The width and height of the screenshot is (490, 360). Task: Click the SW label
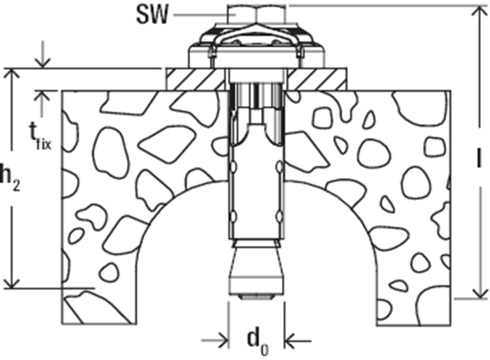(152, 15)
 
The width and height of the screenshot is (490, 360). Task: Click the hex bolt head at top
(256, 15)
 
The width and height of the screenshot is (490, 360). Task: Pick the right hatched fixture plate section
(317, 79)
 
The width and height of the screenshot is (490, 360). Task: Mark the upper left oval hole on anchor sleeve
(233, 167)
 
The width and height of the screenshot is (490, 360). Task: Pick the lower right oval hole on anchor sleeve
(280, 217)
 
